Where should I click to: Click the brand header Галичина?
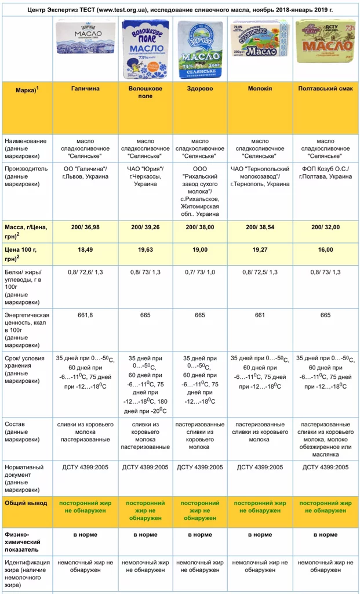tap(85, 88)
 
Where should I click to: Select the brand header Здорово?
tap(200, 88)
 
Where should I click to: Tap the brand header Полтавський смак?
tap(325, 88)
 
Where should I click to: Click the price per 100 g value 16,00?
tap(325, 249)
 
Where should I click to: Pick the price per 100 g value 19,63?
tap(145, 249)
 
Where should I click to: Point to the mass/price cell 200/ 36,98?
tap(85, 227)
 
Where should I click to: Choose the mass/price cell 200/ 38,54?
tap(260, 227)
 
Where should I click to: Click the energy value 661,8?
tap(85, 315)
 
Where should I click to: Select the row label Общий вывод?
tap(26, 503)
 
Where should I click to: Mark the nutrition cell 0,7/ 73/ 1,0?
tap(200, 271)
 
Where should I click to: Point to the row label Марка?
tap(21, 88)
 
